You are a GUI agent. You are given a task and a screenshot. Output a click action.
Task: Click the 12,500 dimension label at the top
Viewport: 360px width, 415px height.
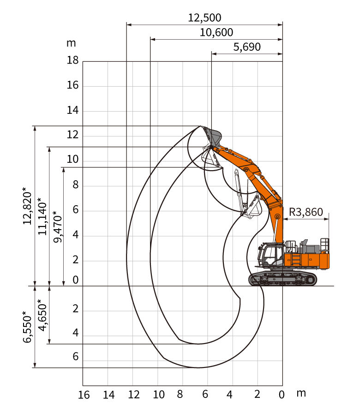click(204, 18)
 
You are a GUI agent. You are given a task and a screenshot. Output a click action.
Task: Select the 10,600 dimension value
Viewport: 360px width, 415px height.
click(216, 33)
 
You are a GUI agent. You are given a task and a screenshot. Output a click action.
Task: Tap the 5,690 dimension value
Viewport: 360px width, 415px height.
click(247, 47)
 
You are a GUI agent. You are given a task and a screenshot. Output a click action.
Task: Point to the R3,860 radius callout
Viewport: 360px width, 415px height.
click(306, 212)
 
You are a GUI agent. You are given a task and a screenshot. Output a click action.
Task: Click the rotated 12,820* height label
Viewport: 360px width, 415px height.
click(28, 206)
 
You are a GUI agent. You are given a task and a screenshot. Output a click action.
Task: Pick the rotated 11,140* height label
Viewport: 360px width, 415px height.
click(42, 216)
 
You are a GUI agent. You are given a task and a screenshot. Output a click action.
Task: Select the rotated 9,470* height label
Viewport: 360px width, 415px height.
click(58, 227)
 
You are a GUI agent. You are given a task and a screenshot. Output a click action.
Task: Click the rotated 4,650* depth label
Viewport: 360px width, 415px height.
click(42, 315)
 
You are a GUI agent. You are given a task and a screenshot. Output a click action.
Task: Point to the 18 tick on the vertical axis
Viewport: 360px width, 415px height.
click(72, 60)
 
